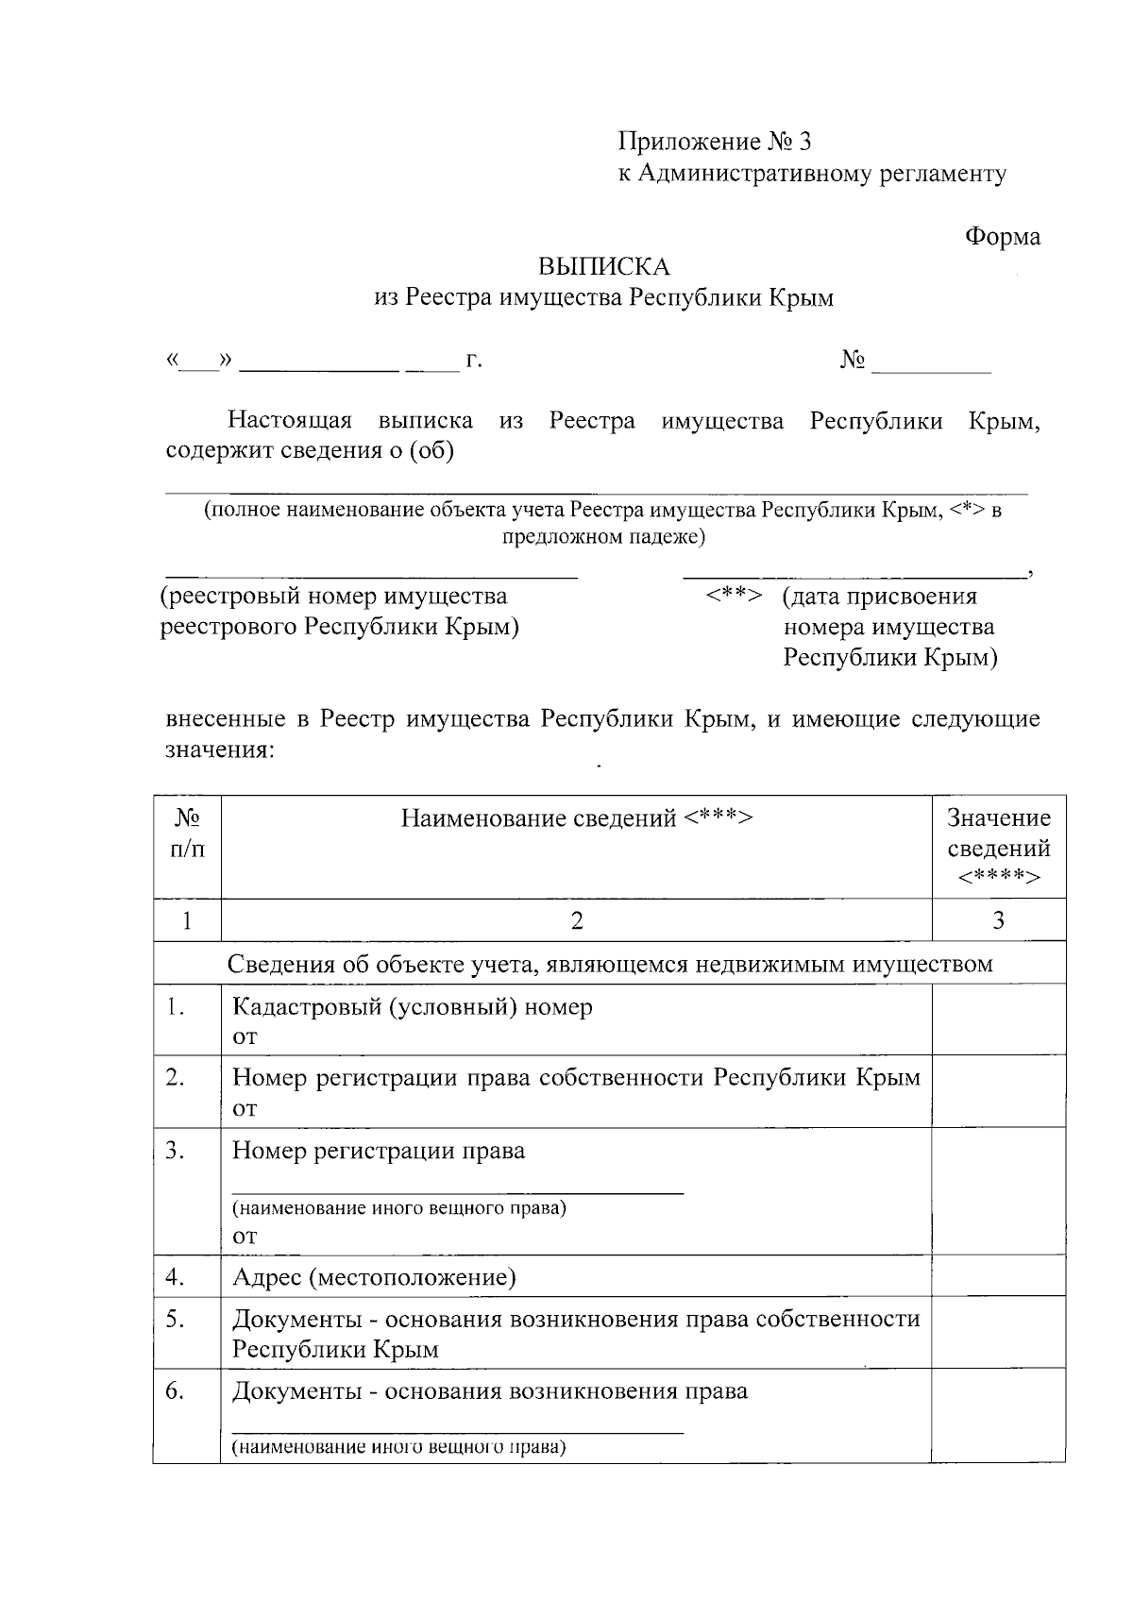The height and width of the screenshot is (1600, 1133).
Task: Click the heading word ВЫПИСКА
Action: click(x=603, y=267)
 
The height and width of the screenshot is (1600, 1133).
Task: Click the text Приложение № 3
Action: click(x=715, y=142)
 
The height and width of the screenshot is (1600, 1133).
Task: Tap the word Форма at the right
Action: click(x=1002, y=236)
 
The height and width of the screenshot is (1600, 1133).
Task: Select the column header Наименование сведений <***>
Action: click(x=576, y=817)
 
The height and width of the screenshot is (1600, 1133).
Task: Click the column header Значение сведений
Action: click(x=998, y=847)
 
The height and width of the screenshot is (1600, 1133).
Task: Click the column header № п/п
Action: click(x=187, y=833)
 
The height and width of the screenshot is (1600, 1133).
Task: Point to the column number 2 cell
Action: click(x=576, y=920)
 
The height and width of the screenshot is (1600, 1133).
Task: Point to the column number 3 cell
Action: click(x=998, y=920)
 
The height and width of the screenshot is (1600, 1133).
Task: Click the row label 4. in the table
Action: click(x=175, y=1277)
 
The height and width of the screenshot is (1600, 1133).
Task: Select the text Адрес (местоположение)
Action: click(x=374, y=1277)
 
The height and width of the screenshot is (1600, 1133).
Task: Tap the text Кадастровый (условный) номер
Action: click(x=413, y=1006)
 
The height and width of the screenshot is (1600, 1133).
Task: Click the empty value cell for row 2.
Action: click(x=998, y=1091)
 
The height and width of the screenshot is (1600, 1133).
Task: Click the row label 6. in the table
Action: click(x=175, y=1390)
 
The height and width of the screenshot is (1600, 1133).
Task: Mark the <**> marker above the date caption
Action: click(x=733, y=596)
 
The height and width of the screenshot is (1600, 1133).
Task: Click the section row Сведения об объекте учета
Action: click(x=609, y=964)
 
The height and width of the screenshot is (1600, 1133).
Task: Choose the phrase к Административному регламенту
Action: click(x=812, y=174)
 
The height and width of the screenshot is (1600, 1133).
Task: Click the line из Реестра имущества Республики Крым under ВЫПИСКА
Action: click(x=603, y=298)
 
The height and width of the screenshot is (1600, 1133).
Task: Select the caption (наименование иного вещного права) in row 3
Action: click(x=399, y=1207)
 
